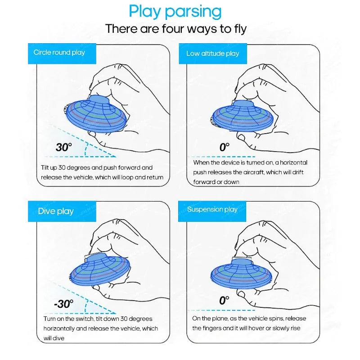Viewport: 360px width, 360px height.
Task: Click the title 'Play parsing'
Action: [x=175, y=11]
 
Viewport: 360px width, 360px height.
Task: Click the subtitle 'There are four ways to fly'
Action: [x=176, y=29]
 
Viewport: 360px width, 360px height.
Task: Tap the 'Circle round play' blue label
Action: [x=59, y=53]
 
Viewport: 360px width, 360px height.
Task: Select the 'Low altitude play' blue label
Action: [x=213, y=54]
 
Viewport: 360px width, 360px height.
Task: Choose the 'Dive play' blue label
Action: [x=56, y=211]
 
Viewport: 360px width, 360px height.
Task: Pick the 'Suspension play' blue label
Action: [x=212, y=209]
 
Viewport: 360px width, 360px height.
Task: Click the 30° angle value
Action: [x=64, y=147]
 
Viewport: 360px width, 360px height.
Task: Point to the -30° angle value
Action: [x=63, y=304]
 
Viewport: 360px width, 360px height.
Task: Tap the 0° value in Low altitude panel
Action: [x=225, y=147]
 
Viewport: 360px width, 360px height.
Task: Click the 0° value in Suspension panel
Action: [x=225, y=301]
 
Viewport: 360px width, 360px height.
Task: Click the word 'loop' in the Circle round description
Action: [x=127, y=177]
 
